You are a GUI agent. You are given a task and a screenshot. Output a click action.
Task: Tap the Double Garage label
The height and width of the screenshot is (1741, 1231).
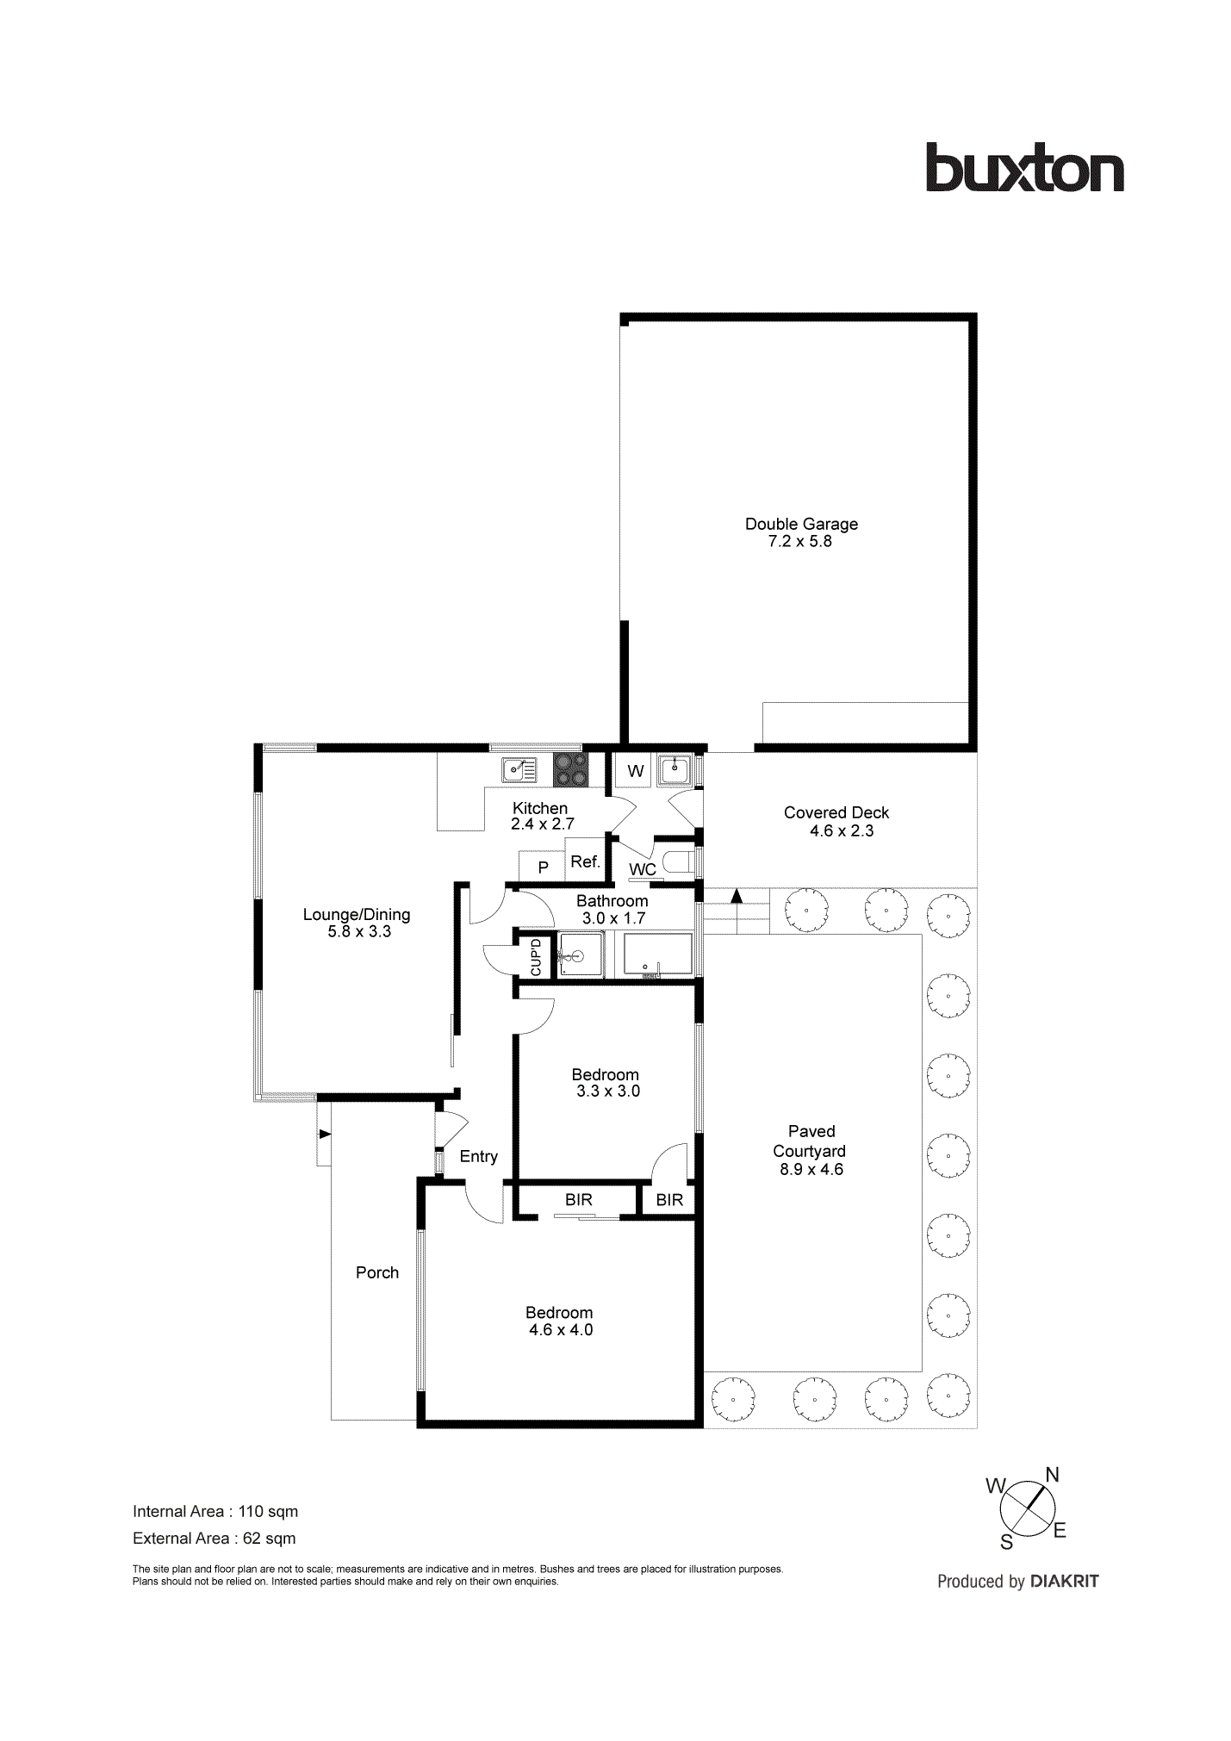(x=801, y=524)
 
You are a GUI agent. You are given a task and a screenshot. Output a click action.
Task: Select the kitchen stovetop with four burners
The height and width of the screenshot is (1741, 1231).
(x=570, y=769)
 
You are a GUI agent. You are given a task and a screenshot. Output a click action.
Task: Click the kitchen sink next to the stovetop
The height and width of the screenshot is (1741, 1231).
(x=519, y=768)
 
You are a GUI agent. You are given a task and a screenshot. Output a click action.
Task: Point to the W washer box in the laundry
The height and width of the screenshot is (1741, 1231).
(x=635, y=771)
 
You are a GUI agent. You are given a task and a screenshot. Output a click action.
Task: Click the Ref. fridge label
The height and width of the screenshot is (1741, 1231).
(x=585, y=861)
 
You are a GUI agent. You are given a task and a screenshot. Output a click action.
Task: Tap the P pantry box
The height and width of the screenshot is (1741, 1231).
(x=543, y=867)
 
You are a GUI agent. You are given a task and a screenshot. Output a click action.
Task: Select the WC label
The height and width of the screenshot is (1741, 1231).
(x=643, y=869)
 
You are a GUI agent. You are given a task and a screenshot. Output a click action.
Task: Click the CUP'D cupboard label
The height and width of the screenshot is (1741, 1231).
(x=536, y=956)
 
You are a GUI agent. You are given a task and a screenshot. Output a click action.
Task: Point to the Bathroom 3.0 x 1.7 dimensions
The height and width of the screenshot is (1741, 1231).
(x=613, y=918)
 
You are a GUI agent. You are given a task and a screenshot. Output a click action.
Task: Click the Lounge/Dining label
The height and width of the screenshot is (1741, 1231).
(x=357, y=915)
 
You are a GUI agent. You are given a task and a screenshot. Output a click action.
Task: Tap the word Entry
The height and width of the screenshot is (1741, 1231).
(x=478, y=1156)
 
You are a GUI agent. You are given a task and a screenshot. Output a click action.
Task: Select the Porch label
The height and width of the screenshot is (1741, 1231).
(x=377, y=1272)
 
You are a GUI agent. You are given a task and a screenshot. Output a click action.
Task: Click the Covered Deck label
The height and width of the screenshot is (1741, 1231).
(x=836, y=812)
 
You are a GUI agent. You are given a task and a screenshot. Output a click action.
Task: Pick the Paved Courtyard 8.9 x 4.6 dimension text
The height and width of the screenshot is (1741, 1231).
(x=811, y=1169)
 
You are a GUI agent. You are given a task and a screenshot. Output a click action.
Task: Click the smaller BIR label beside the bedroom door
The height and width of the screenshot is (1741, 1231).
(x=669, y=1200)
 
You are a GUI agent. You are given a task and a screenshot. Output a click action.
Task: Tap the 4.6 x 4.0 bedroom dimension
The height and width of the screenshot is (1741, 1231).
(x=561, y=1329)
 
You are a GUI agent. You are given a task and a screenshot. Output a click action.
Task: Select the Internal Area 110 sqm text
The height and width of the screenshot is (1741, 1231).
(x=215, y=1511)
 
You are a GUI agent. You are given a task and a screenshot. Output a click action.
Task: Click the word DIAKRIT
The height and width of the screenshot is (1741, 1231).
(x=1065, y=1581)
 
